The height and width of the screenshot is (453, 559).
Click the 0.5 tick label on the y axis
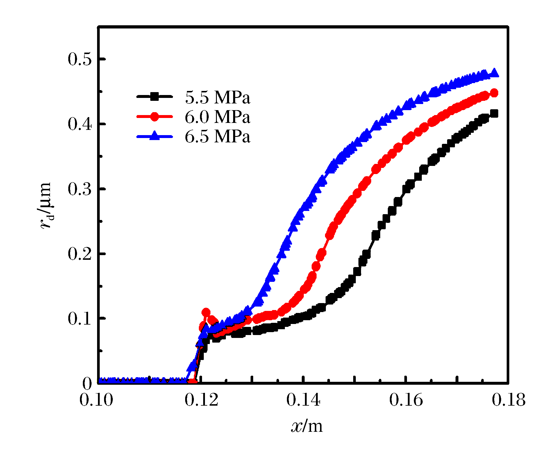(x=79, y=59)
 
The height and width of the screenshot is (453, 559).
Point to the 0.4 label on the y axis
(x=79, y=124)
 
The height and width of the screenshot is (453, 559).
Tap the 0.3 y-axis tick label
(x=79, y=189)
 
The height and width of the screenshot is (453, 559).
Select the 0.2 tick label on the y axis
(x=79, y=254)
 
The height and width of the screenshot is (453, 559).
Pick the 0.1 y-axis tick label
(x=79, y=319)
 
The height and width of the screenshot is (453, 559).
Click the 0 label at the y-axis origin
(x=87, y=384)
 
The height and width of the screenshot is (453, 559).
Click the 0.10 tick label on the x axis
(x=96, y=400)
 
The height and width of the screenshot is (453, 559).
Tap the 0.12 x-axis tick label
(x=201, y=400)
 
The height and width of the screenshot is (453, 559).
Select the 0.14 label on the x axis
(x=303, y=400)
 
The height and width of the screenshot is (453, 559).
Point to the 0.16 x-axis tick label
(x=406, y=400)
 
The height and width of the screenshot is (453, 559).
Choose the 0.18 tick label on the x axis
(x=509, y=400)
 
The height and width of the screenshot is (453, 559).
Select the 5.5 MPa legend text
(x=217, y=97)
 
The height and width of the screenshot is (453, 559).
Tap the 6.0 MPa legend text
(x=217, y=117)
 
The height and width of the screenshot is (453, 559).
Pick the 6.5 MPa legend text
(x=217, y=137)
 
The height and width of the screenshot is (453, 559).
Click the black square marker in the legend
(x=154, y=96)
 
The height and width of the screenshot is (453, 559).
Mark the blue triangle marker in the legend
(x=154, y=136)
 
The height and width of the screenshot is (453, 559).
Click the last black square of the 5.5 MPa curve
(x=494, y=113)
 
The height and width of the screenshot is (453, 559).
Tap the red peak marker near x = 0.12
(x=206, y=313)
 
